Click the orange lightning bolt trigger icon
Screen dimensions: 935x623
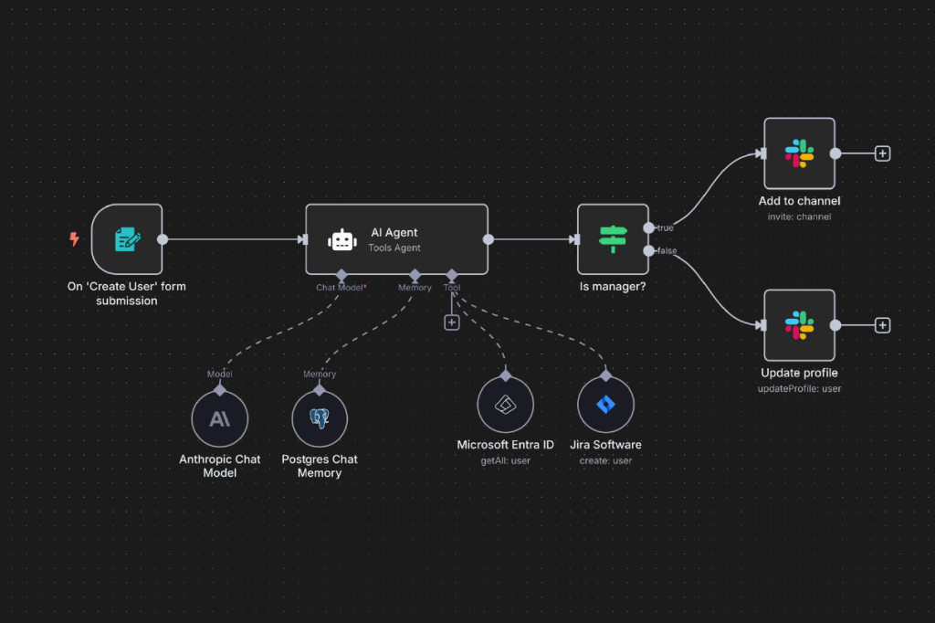tap(74, 238)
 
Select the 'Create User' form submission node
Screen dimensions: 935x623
tap(127, 239)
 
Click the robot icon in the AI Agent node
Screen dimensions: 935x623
tap(342, 240)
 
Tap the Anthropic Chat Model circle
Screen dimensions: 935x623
tap(219, 419)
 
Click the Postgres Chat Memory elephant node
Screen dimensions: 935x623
tap(320, 419)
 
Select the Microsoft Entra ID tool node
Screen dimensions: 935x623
tap(505, 405)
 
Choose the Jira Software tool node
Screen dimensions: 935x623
tap(606, 405)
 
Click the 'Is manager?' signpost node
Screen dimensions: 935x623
tap(613, 239)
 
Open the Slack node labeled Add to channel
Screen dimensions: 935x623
tap(799, 153)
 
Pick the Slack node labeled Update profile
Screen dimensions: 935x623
tap(799, 325)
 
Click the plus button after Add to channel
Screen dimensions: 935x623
tap(883, 153)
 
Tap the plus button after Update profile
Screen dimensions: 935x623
tap(883, 325)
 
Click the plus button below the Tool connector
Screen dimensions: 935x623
tap(452, 322)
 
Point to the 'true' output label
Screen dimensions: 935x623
tap(665, 228)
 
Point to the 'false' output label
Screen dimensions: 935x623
tap(667, 250)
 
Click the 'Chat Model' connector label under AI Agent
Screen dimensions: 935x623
tap(340, 288)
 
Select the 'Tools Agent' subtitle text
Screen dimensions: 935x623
tap(394, 248)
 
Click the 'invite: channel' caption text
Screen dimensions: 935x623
tap(799, 216)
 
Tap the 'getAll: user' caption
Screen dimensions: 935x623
tap(505, 460)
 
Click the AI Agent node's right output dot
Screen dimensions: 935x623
tap(489, 239)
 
